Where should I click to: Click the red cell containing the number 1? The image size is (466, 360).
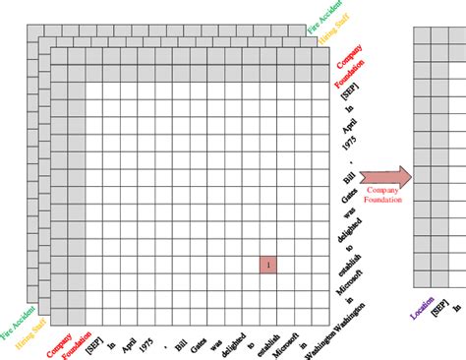pos(268,264)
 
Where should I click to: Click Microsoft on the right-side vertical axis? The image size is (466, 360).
pos(345,278)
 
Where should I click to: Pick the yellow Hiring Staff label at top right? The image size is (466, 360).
pos(334,34)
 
